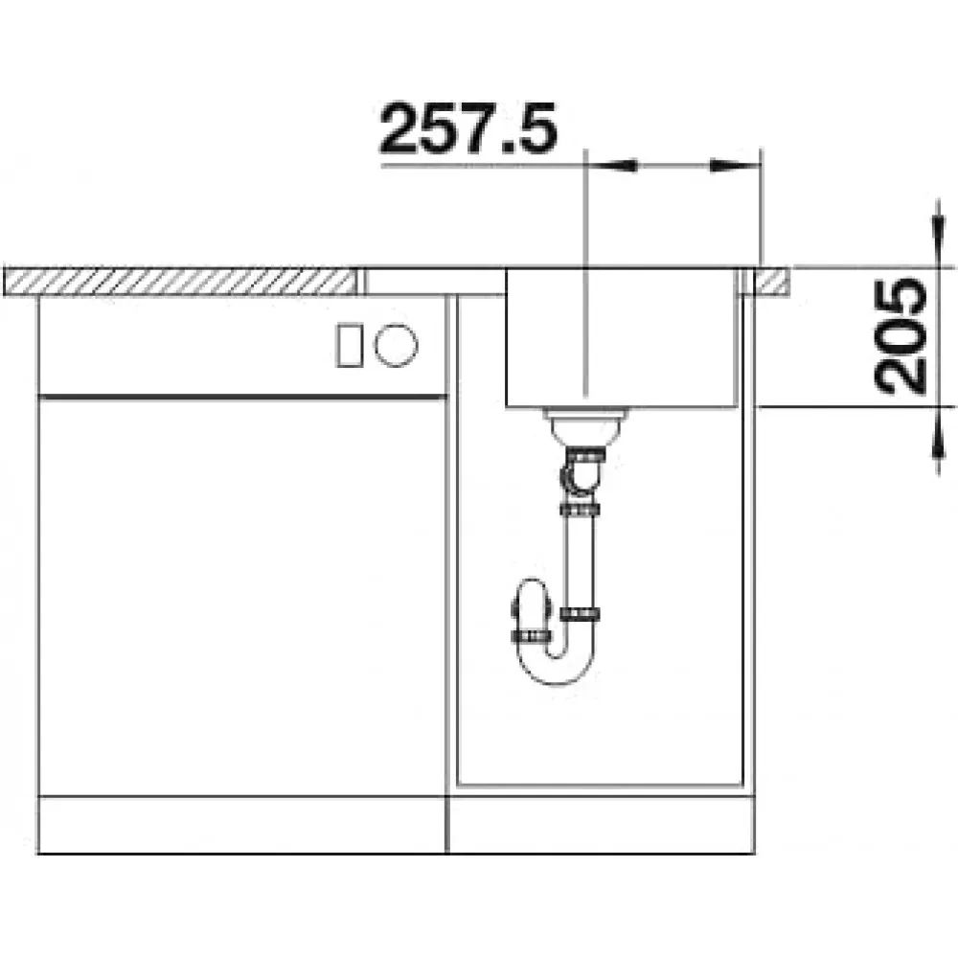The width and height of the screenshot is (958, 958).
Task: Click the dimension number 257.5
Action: (468, 127)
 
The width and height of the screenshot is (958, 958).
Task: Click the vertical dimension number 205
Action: (900, 336)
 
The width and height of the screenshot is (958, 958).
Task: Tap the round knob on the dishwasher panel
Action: (396, 345)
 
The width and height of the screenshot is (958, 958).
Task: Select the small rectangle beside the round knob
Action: (350, 345)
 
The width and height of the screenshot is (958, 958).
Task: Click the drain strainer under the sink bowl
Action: (586, 426)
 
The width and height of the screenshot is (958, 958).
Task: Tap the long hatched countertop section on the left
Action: (181, 282)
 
